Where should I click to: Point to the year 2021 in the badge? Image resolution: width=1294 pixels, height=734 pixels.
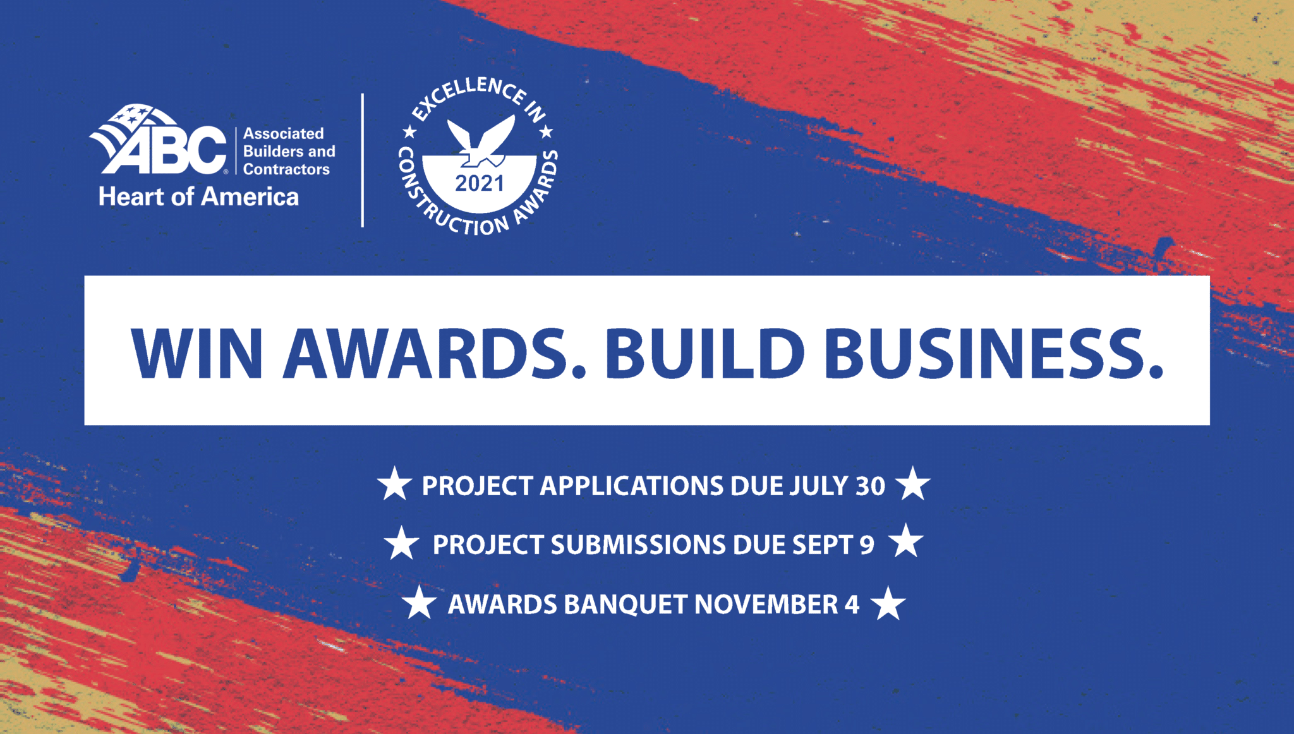click(x=480, y=184)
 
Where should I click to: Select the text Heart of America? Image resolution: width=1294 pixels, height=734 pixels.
click(x=198, y=197)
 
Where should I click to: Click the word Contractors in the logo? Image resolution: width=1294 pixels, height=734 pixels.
click(x=286, y=169)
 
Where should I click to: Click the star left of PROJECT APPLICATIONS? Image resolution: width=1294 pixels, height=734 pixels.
click(x=395, y=484)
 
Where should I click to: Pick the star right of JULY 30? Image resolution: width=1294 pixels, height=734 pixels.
click(x=913, y=484)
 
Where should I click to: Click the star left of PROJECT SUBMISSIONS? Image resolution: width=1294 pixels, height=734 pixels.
click(x=402, y=543)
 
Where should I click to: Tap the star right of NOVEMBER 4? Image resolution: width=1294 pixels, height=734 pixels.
click(x=888, y=603)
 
